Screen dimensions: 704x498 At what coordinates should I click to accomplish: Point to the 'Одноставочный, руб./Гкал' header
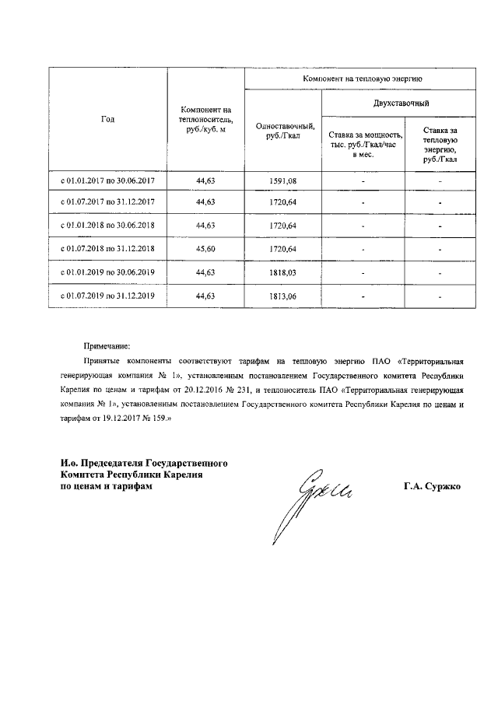[x=283, y=132]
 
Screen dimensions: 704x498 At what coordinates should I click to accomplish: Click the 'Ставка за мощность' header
[x=363, y=143]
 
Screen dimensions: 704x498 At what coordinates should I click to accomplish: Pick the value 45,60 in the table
[x=205, y=249]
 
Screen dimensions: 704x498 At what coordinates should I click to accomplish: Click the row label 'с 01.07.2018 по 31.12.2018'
[x=108, y=249]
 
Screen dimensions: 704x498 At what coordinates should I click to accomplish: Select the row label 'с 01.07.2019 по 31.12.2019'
[x=108, y=296]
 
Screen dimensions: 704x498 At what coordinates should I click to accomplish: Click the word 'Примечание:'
[x=107, y=345]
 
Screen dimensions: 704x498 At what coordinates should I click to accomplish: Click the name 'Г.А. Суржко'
[x=432, y=487]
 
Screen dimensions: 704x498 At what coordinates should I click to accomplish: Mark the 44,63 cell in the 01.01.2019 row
[x=205, y=272]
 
